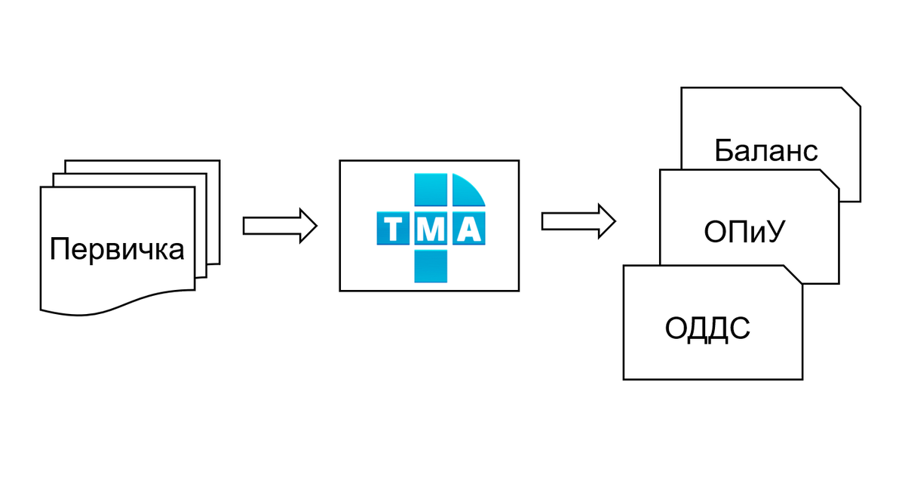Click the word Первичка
pyautogui.click(x=117, y=248)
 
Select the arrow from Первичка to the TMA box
pyautogui.click(x=280, y=226)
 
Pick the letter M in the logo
pyautogui.click(x=431, y=229)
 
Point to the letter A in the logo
pyautogui.click(x=468, y=229)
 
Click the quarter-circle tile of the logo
pyautogui.click(x=467, y=190)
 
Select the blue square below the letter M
pyautogui.click(x=431, y=265)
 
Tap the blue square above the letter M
pyautogui.click(x=431, y=191)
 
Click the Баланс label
pyautogui.click(x=766, y=150)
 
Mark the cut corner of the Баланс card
pyautogui.click(x=851, y=97)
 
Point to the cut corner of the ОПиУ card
pyautogui.click(x=830, y=178)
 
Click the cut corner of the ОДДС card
pyautogui.click(x=793, y=274)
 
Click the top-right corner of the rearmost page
pyautogui.click(x=219, y=161)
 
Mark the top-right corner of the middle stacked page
pyautogui.click(x=207, y=174)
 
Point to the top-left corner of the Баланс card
pyautogui.click(x=682, y=88)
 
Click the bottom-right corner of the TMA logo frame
pyautogui.click(x=519, y=290)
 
